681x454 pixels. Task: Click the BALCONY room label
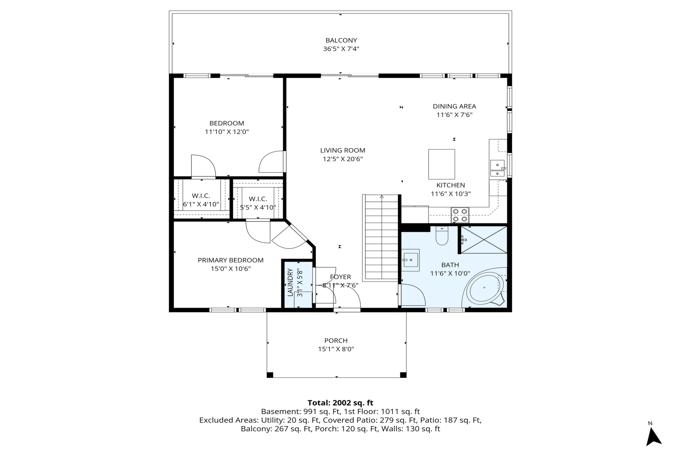point(341,40)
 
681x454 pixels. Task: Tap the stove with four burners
point(460,215)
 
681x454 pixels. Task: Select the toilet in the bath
point(442,236)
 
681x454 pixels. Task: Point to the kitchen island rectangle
point(441,164)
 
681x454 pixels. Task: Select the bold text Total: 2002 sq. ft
point(340,403)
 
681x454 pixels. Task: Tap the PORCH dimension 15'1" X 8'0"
point(336,349)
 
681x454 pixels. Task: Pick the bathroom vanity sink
point(410,260)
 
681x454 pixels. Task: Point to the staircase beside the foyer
point(382,237)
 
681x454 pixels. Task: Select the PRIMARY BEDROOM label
point(231,260)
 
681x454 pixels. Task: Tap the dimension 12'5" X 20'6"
point(343,159)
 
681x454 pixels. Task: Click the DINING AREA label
point(454,106)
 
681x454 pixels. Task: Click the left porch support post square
point(270,375)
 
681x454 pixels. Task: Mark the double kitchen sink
point(497,168)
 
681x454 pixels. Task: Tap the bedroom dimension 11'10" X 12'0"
point(227,132)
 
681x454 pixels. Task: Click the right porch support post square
point(403,375)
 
